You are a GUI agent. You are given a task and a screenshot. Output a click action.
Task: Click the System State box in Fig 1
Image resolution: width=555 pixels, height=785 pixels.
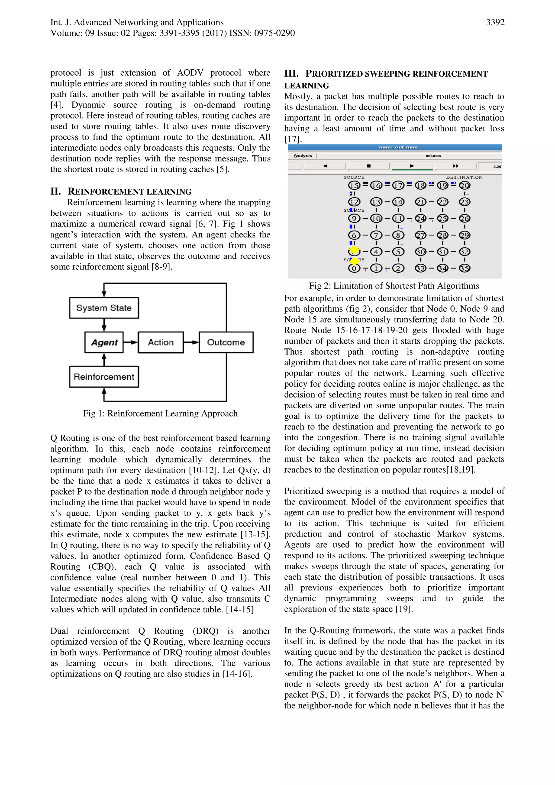(x=104, y=308)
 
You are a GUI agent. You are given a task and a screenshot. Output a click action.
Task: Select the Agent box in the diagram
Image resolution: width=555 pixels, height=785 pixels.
(x=104, y=342)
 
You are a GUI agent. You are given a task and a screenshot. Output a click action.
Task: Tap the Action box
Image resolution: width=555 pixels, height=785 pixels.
(x=161, y=342)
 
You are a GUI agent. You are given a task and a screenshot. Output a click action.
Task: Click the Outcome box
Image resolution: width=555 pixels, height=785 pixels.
(x=226, y=342)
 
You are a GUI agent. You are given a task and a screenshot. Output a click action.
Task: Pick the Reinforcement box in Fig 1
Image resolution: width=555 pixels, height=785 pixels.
(x=104, y=377)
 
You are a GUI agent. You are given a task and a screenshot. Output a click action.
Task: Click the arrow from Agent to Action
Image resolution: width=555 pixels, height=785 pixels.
(x=131, y=342)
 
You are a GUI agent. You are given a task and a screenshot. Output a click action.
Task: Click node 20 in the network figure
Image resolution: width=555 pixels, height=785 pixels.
(x=464, y=185)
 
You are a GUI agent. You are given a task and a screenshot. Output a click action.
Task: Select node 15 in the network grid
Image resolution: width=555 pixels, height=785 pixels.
(x=354, y=185)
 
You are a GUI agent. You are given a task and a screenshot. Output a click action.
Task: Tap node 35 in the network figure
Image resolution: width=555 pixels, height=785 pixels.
(x=464, y=268)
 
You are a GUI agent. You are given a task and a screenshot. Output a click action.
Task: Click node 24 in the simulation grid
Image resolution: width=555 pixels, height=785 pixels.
(x=420, y=218)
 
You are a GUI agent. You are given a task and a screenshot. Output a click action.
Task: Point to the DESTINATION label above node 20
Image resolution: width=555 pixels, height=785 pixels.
(x=464, y=177)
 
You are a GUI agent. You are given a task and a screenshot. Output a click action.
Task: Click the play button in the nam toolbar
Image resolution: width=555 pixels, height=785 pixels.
(x=412, y=166)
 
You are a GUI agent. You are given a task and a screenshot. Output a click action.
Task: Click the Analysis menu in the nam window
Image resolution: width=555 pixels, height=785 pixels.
(x=303, y=156)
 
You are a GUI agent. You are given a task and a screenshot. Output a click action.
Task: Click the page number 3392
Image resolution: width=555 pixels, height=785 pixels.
(x=495, y=22)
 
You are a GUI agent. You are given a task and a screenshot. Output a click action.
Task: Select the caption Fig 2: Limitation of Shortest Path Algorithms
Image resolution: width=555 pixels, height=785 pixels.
(x=394, y=286)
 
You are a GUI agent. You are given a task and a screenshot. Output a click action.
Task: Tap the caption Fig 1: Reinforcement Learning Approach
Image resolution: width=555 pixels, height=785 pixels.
(x=160, y=413)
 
